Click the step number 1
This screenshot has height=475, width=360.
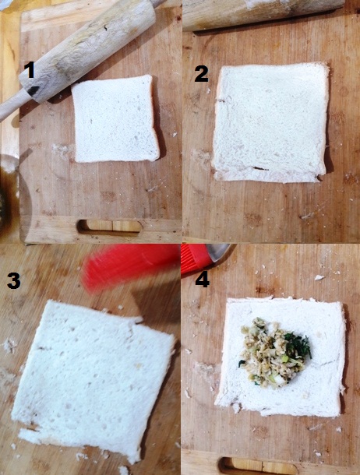click(x=30, y=70)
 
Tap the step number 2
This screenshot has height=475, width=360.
click(x=201, y=74)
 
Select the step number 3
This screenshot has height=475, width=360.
click(x=14, y=280)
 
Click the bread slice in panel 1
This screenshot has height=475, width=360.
click(x=115, y=119)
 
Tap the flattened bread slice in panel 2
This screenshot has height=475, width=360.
click(x=270, y=123)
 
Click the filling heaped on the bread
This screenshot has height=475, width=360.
click(x=274, y=352)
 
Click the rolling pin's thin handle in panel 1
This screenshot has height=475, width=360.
click(x=12, y=105)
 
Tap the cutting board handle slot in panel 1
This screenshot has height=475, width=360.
click(x=109, y=227)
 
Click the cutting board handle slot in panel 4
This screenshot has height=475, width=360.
click(x=258, y=466)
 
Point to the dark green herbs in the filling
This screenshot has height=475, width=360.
click(x=298, y=344)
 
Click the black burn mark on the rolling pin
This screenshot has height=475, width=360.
click(x=33, y=90)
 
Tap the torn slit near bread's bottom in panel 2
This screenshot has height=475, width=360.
click(x=260, y=168)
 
